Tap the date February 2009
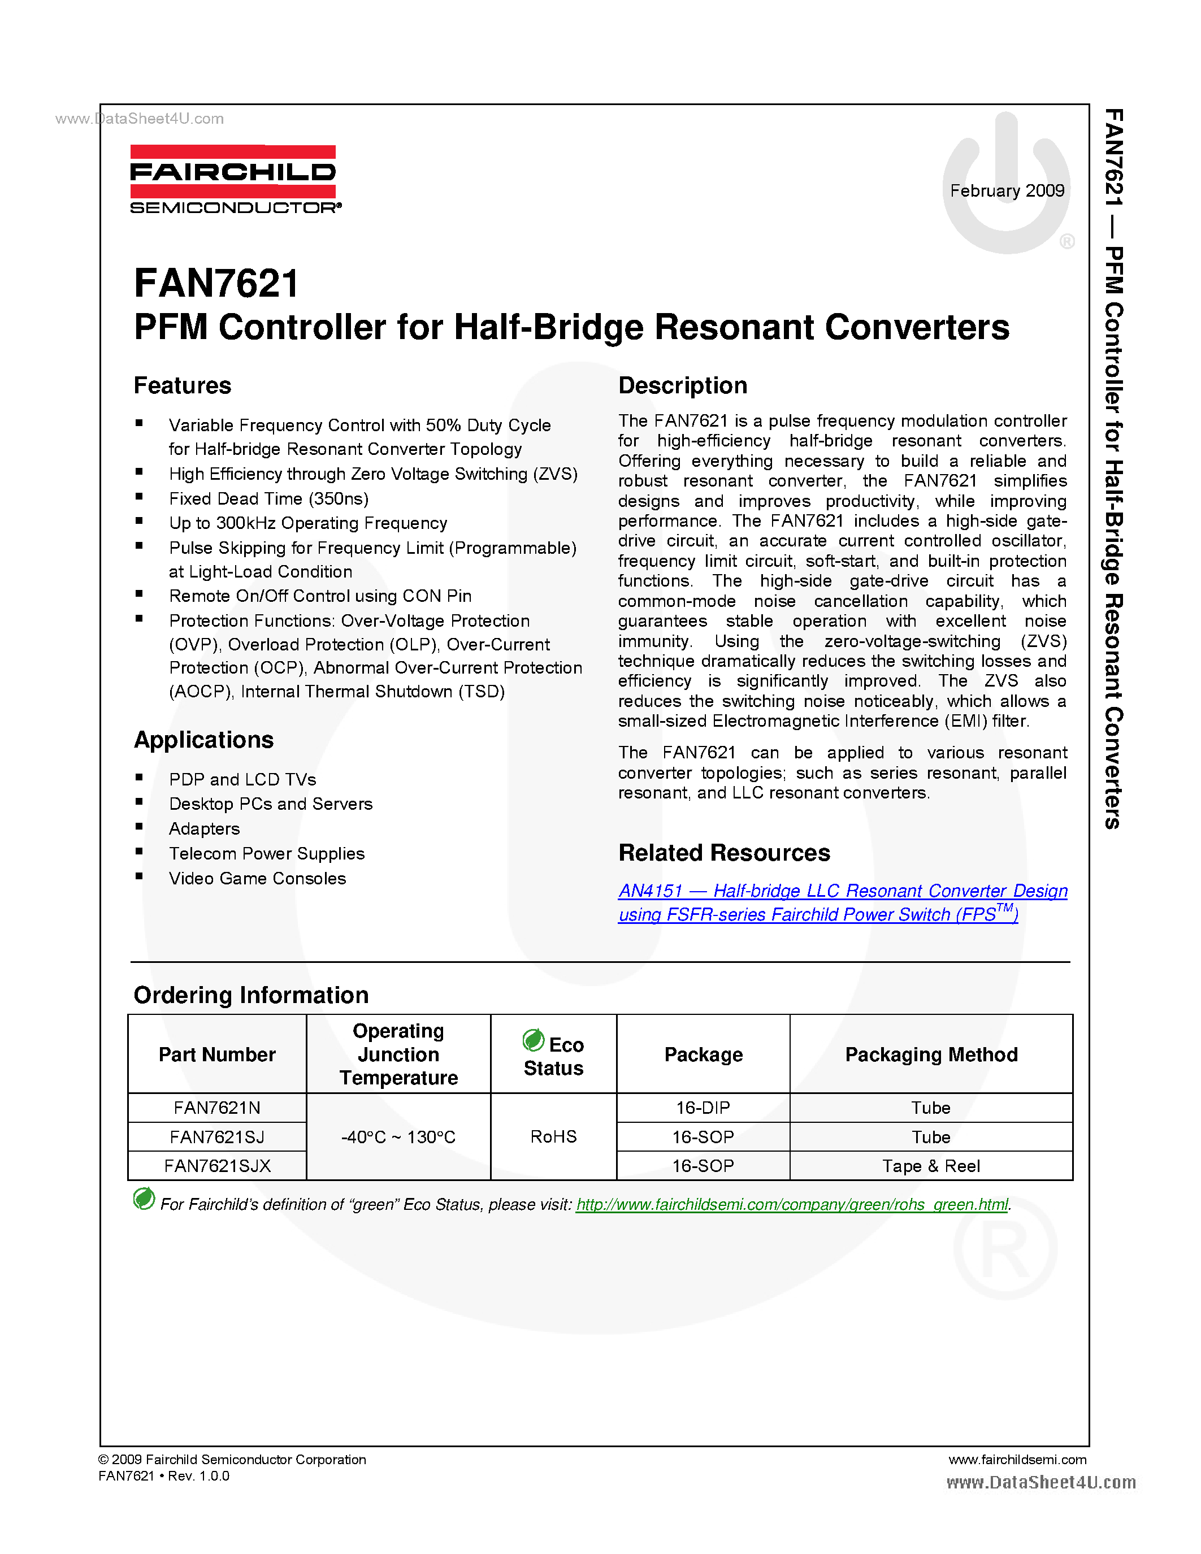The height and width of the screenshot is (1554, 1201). point(1007,190)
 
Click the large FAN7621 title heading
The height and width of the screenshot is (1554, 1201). point(216,283)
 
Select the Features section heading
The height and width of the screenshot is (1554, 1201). point(182,385)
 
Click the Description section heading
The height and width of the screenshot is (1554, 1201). point(682,385)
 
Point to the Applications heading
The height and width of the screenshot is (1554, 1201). point(203,740)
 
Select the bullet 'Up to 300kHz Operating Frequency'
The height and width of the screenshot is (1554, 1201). point(307,523)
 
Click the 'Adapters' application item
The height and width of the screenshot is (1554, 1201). point(204,829)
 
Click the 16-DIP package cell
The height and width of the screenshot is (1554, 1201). point(703,1108)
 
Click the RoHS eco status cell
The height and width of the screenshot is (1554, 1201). point(553,1137)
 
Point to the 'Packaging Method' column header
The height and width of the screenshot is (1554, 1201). point(931,1054)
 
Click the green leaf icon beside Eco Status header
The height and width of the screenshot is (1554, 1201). point(533,1040)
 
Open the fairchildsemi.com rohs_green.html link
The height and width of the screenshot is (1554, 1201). point(792,1205)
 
